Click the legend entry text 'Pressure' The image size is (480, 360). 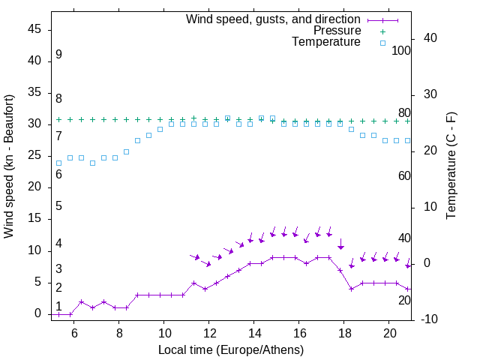coord(337,31)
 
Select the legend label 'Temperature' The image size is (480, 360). coord(326,42)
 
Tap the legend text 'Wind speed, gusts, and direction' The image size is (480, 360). coord(274,19)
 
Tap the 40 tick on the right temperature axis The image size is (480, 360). coord(431,38)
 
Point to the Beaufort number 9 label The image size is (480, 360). coord(58,55)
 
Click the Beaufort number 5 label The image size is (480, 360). coord(58,206)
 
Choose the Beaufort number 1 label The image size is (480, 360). coord(58,307)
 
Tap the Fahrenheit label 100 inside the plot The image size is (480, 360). coord(402,51)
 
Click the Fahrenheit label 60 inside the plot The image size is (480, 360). coord(404,175)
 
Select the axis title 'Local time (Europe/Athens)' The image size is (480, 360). coord(232,349)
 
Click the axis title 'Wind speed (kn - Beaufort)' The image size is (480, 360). coord(9,166)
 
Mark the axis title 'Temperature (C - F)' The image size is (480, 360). coord(451,166)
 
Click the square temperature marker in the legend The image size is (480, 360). coord(382,43)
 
